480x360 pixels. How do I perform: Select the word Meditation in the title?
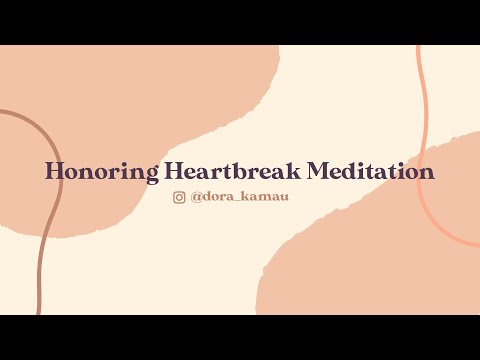(370, 172)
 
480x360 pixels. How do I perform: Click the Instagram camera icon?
(180, 197)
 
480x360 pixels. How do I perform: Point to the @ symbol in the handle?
(196, 197)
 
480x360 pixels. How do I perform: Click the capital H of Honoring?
(54, 172)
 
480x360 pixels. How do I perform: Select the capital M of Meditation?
(319, 172)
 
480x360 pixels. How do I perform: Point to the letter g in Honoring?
(151, 175)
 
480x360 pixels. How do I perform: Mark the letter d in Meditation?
(356, 172)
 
